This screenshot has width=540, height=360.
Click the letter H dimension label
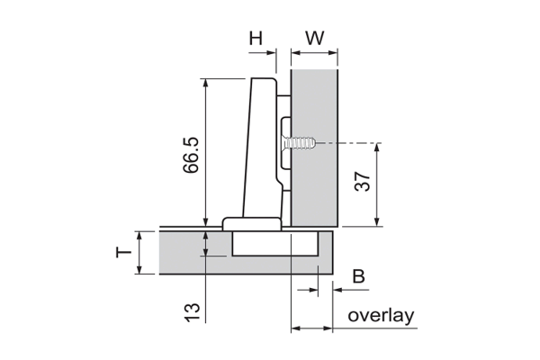click(256, 38)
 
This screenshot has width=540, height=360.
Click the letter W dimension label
click(315, 38)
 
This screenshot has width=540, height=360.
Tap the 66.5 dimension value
click(191, 155)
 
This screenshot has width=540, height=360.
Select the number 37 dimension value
click(363, 181)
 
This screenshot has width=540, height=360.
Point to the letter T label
click(123, 253)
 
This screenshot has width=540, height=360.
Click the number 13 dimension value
click(193, 312)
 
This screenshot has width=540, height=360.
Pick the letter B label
click(358, 276)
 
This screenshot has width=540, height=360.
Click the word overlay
click(381, 316)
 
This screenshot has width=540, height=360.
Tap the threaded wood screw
click(299, 142)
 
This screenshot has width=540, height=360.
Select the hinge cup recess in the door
click(274, 244)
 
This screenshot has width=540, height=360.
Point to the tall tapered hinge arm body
click(260, 148)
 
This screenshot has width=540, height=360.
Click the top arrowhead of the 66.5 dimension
click(205, 83)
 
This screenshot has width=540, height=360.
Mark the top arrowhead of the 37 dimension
click(377, 147)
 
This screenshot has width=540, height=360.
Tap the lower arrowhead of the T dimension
click(139, 269)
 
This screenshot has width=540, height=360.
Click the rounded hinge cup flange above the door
click(251, 224)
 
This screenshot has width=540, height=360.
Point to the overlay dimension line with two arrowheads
click(311, 328)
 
